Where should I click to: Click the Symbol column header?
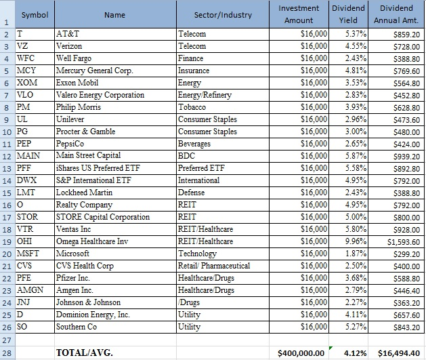coord(35,15)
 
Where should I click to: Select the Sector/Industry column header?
coord(223,15)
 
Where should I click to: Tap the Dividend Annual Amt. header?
coord(396,14)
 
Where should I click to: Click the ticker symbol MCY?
coord(26,71)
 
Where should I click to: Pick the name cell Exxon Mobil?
coord(77,83)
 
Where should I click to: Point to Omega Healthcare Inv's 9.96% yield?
coord(356,241)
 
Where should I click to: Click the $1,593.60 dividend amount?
coord(404,242)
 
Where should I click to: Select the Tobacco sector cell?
coord(192,107)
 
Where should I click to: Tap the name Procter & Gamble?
coord(85,132)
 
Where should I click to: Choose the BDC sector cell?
coord(186,156)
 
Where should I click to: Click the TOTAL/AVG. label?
coord(84,353)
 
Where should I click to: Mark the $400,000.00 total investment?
coord(301,353)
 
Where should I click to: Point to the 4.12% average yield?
coord(355,353)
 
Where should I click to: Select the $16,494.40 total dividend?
coord(399,353)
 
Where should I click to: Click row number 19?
coord(7,242)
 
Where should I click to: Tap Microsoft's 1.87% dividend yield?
coord(356,254)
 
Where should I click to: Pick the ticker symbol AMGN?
coord(30,290)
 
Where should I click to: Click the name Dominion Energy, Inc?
coord(93,315)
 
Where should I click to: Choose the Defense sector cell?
coord(191,193)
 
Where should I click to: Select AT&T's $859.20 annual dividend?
coord(407,35)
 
